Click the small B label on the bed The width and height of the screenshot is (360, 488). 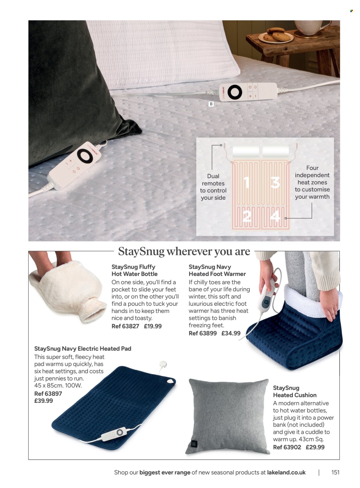point(211,104)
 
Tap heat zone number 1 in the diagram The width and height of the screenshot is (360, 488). point(247,182)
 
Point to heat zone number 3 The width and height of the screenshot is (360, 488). point(275,182)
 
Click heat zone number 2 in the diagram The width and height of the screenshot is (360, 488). point(247,216)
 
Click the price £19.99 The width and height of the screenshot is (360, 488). point(153,326)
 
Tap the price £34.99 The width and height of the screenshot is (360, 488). point(231,333)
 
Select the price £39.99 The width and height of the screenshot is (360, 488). point(43,401)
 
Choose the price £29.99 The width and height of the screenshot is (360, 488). point(315,447)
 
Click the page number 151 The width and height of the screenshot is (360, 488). point(335,472)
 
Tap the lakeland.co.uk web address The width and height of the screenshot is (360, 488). point(286,472)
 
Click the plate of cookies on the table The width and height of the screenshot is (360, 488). point(276,35)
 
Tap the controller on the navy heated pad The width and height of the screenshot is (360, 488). point(113,434)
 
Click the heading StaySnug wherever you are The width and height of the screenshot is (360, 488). point(184,251)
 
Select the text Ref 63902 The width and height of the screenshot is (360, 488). point(287,447)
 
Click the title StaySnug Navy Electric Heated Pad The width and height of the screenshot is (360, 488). point(83,349)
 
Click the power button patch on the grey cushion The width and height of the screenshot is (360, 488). point(194,443)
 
